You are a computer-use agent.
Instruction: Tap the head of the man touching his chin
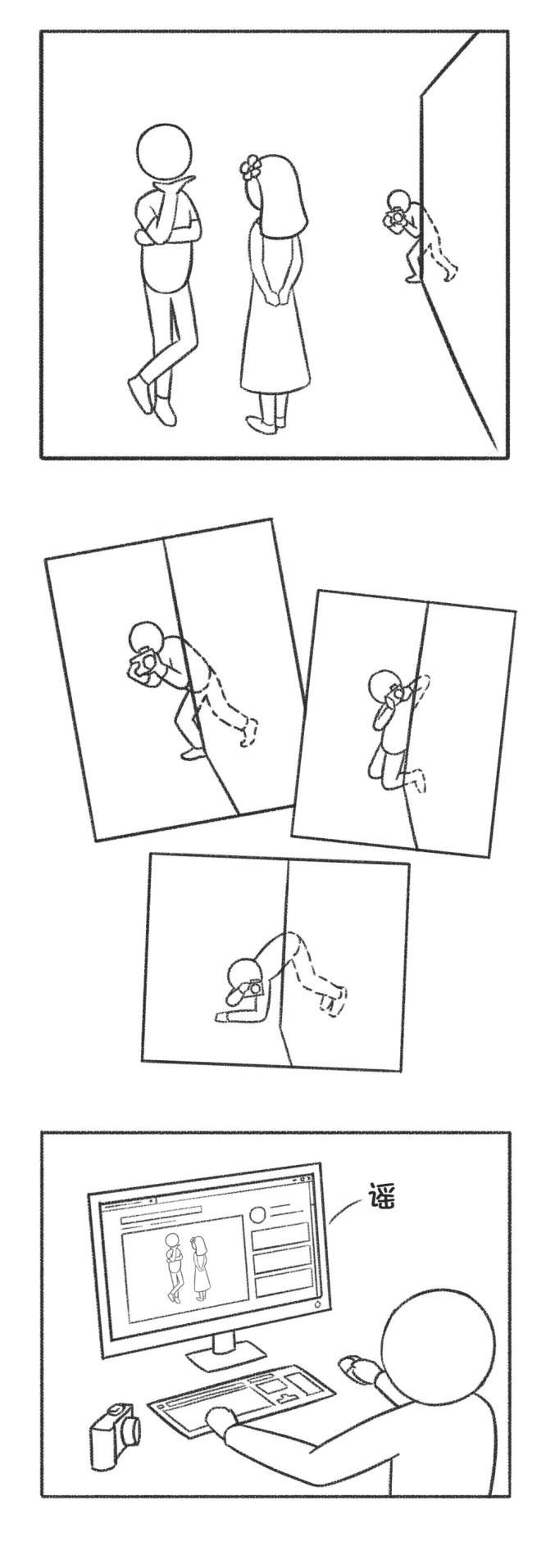(165, 152)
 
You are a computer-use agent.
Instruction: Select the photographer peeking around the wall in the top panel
(418, 237)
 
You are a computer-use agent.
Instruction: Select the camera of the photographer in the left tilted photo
(145, 662)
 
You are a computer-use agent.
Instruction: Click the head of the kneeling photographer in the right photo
(382, 685)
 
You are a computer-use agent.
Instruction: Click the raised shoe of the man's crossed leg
(140, 396)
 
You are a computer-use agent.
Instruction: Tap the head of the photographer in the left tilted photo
(148, 637)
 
